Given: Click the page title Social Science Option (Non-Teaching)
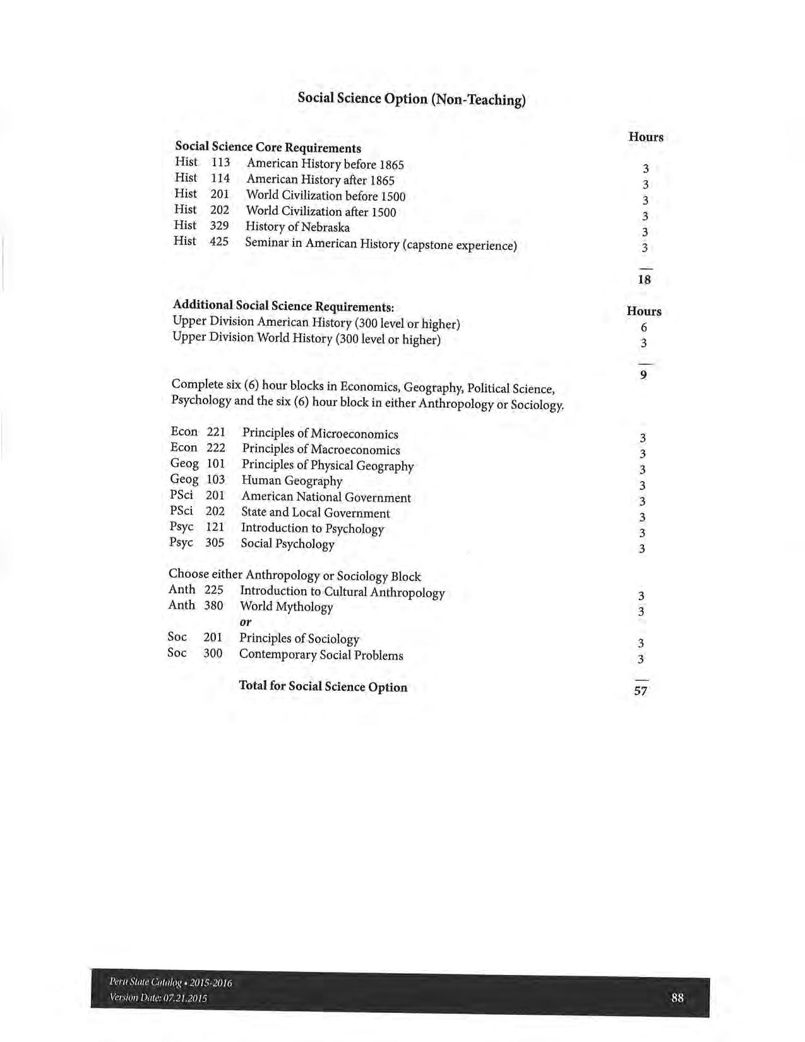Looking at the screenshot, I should pyautogui.click(x=411, y=99).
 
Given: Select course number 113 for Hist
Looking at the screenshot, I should pyautogui.click(x=220, y=162).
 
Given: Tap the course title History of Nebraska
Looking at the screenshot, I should pyautogui.click(x=297, y=227).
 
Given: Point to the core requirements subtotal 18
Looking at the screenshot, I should pyautogui.click(x=644, y=279).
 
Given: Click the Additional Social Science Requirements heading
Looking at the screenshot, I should pyautogui.click(x=283, y=306).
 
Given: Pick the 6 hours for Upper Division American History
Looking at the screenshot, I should pyautogui.click(x=643, y=327).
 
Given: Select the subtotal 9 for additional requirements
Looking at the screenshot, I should pyautogui.click(x=643, y=375).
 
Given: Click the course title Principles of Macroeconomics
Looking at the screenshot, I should pyautogui.click(x=321, y=450).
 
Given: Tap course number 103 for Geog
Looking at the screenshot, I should pyautogui.click(x=215, y=479).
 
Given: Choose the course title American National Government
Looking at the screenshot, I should pyautogui.click(x=326, y=498).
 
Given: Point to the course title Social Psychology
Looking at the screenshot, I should pyautogui.click(x=287, y=544).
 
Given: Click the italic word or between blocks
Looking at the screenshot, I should pyautogui.click(x=246, y=622).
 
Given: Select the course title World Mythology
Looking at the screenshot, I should pyautogui.click(x=286, y=607).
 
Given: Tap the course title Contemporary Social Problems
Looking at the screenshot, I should pyautogui.click(x=321, y=655).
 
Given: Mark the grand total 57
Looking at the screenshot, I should pyautogui.click(x=640, y=691).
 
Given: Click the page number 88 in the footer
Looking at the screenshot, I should pyautogui.click(x=677, y=998).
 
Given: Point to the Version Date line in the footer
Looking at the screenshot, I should pyautogui.click(x=158, y=998).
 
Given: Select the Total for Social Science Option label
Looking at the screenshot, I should pyautogui.click(x=323, y=686).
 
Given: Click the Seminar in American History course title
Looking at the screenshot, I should pyautogui.click(x=381, y=244).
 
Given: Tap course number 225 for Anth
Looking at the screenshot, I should pyautogui.click(x=213, y=590).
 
